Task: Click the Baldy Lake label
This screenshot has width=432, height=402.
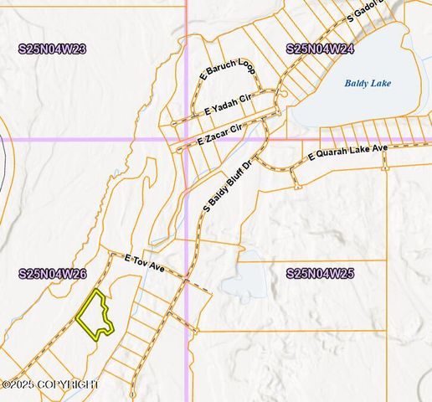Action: (368, 84)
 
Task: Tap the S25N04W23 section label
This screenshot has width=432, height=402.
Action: (52, 49)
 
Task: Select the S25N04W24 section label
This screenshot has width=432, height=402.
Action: (320, 49)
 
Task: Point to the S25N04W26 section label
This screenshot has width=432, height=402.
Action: (52, 274)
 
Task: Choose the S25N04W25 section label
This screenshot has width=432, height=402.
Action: (320, 274)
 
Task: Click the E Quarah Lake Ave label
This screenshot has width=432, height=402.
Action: (347, 152)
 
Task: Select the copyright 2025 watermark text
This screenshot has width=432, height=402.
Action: (50, 384)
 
